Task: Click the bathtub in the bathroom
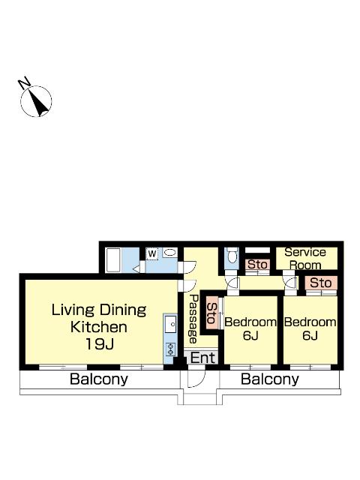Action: (x=113, y=259)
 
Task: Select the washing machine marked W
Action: (x=152, y=253)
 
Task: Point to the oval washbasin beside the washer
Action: (x=169, y=253)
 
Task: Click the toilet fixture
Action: (x=232, y=255)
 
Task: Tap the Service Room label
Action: (x=305, y=259)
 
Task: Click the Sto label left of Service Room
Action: (x=257, y=264)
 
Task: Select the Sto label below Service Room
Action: (x=320, y=283)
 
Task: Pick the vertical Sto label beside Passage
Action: (x=211, y=313)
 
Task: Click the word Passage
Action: (x=193, y=319)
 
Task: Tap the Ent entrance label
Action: (x=202, y=357)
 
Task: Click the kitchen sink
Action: (x=170, y=324)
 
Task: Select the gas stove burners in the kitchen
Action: (x=170, y=349)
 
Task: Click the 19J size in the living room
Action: (x=100, y=343)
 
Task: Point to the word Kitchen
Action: (x=98, y=327)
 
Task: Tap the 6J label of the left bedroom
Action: (x=250, y=335)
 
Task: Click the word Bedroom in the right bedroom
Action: (x=310, y=322)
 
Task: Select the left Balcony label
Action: (x=98, y=379)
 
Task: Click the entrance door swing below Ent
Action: (x=196, y=377)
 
